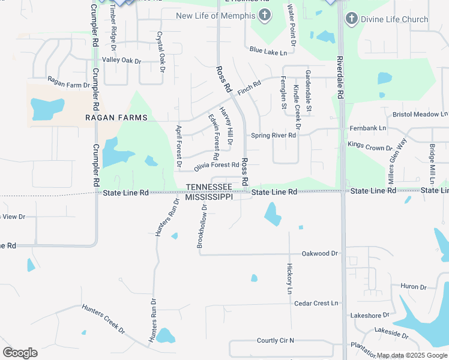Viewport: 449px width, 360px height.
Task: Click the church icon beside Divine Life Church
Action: [352, 19]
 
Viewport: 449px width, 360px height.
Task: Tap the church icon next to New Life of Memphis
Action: [264, 15]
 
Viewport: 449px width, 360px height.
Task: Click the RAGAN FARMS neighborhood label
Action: [116, 118]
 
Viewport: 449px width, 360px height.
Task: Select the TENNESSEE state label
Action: [209, 188]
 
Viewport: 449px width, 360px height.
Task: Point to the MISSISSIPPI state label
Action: [209, 197]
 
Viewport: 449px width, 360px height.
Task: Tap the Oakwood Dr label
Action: [320, 254]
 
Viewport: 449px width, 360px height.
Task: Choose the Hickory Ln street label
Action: [289, 278]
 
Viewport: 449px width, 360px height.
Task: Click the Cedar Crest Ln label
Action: [316, 304]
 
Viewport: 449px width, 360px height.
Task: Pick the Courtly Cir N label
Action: [276, 340]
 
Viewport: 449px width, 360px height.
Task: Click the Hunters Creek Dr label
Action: [104, 319]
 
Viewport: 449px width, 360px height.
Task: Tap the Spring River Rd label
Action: [274, 136]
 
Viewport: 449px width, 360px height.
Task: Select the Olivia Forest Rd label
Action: [217, 165]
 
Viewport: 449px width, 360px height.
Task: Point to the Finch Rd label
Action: [249, 88]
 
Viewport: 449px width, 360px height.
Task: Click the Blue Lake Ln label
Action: [268, 52]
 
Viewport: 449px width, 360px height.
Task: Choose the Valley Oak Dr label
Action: [121, 61]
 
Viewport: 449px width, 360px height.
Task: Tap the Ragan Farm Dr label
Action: [68, 85]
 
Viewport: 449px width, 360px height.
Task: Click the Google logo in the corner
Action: [20, 353]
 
